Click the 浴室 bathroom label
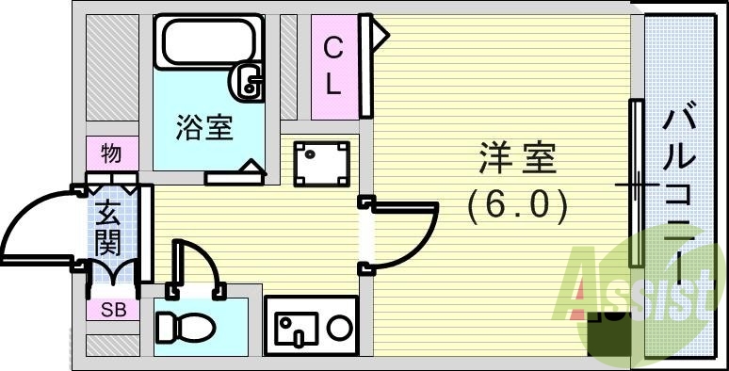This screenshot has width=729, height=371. click(x=203, y=128)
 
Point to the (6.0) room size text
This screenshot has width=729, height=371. click(x=517, y=204)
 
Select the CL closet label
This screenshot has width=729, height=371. click(x=332, y=66)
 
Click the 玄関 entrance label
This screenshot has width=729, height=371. click(x=108, y=227)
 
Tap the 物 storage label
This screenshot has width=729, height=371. click(x=110, y=153)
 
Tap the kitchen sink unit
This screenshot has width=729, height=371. click(x=311, y=327)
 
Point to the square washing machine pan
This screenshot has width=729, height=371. click(x=320, y=164)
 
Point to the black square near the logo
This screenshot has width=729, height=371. click(x=603, y=334)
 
